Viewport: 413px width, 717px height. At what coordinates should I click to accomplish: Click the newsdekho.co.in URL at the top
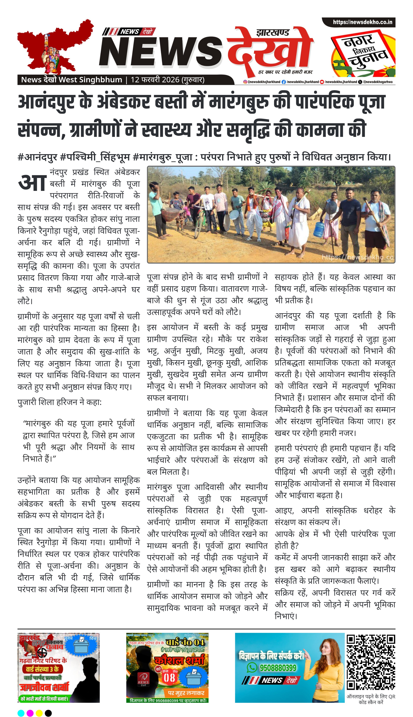click(362, 22)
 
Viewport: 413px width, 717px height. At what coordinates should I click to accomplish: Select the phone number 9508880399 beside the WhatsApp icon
click(278, 668)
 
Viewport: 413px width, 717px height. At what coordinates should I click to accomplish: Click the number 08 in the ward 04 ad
click(169, 678)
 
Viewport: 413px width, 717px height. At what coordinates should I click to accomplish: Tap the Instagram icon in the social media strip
click(245, 82)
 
